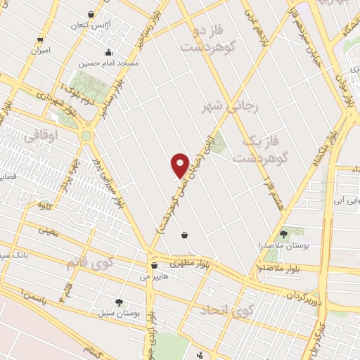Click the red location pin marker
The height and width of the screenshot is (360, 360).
pos(181,165)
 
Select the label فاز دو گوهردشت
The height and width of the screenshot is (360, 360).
pos(205,40)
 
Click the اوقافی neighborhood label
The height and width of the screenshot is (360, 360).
pos(41,137)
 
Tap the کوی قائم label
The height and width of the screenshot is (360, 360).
pos(89,263)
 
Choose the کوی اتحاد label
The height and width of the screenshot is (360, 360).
pos(226,310)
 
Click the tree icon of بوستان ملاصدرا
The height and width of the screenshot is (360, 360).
pos(283,234)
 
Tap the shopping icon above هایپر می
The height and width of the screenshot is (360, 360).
pos(154,266)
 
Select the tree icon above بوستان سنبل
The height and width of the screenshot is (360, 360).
pos(119,302)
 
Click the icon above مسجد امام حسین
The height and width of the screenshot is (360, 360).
pos(108,52)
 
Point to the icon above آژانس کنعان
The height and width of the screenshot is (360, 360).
pos(91,14)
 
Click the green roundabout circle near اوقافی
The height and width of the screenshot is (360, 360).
pos(86,135)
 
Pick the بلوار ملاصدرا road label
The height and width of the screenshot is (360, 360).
pos(281,268)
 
